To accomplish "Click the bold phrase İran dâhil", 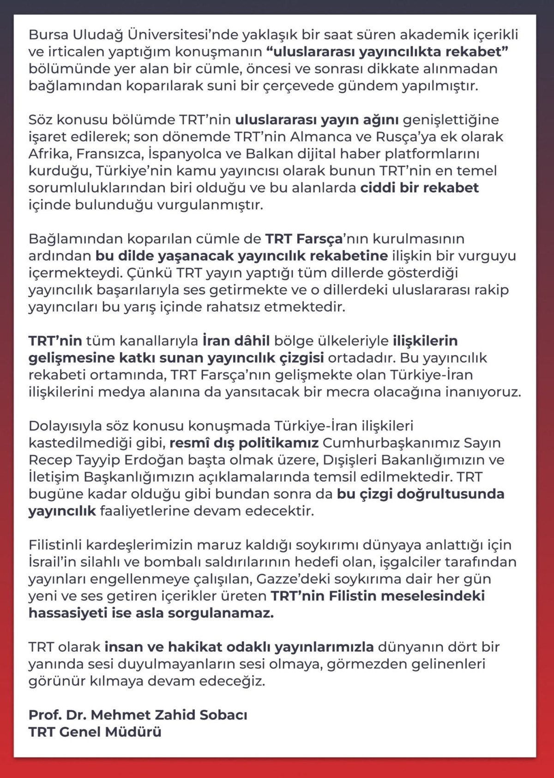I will pos(236,341).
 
